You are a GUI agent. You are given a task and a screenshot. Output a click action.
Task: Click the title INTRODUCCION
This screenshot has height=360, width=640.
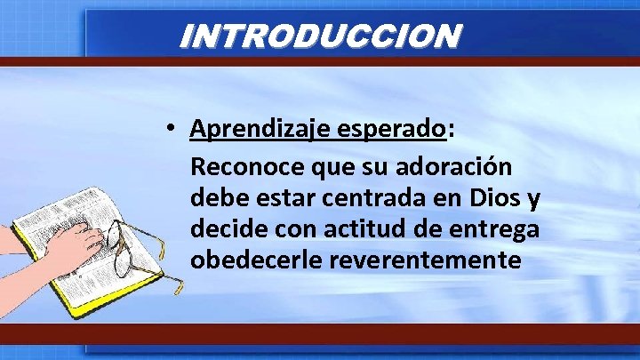coord(320,36)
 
